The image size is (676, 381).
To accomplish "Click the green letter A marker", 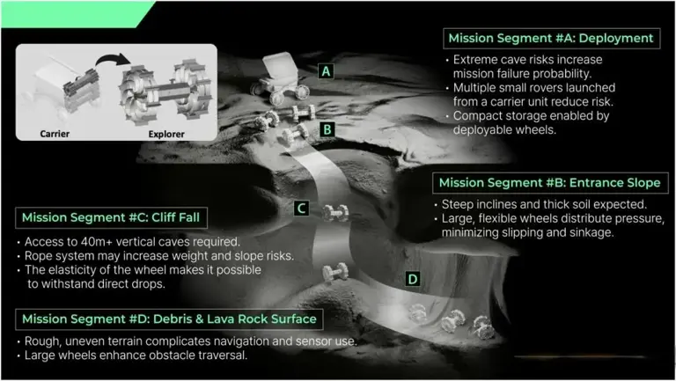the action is tap(326, 71).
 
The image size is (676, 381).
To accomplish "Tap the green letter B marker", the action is tap(327, 128).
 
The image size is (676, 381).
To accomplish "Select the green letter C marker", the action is tap(301, 209).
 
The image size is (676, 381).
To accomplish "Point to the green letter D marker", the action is tap(413, 279).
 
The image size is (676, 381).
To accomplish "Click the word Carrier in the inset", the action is tap(55, 134).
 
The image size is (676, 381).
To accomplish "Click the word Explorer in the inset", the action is tap(166, 134).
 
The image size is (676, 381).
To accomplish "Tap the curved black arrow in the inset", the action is tap(113, 61).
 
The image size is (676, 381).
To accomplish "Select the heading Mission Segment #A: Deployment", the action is tap(551, 38).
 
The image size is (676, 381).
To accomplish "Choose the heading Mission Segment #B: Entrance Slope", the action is tap(549, 183).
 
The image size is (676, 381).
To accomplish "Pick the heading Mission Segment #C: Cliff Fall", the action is tap(111, 217).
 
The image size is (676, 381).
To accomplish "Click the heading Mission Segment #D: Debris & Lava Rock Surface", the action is tap(169, 319).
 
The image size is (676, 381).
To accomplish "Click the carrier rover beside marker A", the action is tap(280, 77).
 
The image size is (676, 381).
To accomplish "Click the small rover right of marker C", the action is tap(335, 213).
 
